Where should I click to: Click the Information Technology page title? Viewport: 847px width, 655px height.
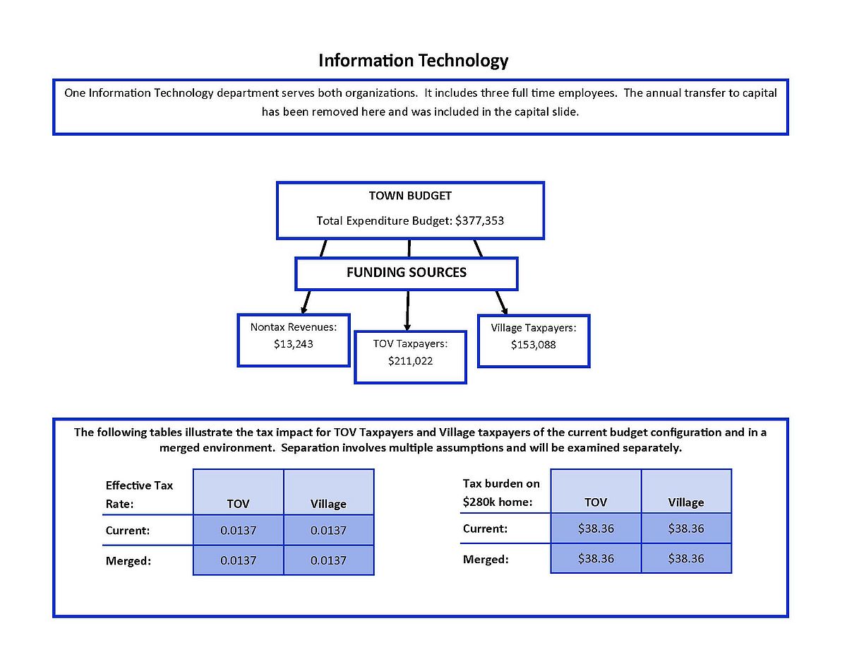[x=413, y=61]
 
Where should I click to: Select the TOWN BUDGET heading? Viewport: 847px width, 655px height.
[x=410, y=196]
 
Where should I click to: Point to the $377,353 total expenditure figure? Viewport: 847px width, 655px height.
[x=479, y=220]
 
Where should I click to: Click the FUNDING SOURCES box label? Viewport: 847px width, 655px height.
[x=406, y=272]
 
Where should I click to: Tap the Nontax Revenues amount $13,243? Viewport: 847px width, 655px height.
[x=293, y=344]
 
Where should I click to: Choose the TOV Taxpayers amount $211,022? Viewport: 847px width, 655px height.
[x=410, y=361]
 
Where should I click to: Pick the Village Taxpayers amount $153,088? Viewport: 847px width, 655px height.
[x=533, y=345]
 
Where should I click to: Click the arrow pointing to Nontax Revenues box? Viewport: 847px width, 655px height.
[x=306, y=302]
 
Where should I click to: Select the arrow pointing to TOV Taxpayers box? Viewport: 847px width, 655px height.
[x=407, y=310]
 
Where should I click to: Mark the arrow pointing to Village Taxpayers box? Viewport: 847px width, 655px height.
[x=502, y=302]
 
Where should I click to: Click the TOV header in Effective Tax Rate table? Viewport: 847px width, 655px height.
[x=238, y=504]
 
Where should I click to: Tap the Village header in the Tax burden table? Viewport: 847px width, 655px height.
[x=686, y=502]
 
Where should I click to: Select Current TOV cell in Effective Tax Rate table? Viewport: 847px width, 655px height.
[x=238, y=530]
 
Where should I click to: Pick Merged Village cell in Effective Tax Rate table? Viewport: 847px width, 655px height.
[x=329, y=560]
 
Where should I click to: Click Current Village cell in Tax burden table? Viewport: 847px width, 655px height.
[x=686, y=529]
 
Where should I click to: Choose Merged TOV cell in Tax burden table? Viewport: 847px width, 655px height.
[x=596, y=558]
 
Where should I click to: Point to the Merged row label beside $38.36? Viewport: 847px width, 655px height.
[x=486, y=560]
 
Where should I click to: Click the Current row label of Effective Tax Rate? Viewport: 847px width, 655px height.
[x=128, y=531]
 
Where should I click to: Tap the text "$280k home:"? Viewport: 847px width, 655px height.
[x=498, y=502]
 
